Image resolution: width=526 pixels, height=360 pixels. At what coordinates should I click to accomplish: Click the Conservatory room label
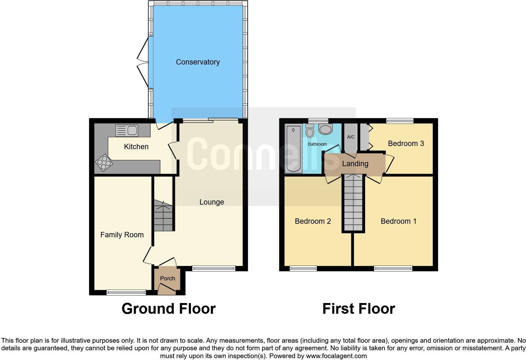pos(198,62)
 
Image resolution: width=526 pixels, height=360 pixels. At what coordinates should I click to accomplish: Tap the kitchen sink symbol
pos(127,131)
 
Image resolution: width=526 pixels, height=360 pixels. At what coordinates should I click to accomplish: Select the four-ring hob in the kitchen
pos(104,163)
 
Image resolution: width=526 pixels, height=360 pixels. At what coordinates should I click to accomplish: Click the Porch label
pos(167,278)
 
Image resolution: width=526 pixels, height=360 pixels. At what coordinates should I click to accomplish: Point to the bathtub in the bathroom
pos(294,149)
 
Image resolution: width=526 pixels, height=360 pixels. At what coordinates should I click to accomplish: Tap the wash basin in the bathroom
pos(325,129)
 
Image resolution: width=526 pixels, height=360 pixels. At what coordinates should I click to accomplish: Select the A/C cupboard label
pos(350,137)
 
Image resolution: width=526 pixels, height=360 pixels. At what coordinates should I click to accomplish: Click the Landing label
pos(355,164)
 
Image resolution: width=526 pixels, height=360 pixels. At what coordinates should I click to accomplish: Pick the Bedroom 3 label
pos(406,143)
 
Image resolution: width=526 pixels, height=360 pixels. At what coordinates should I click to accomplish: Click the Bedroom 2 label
pos(313,221)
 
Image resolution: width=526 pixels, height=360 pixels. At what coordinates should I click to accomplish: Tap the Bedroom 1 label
pos(398,221)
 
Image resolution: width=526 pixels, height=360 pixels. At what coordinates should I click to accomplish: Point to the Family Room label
pos(122,235)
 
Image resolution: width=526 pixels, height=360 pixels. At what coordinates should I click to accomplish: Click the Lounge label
pos(211,202)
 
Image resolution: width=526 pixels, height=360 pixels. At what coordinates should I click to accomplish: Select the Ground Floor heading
pos(169,309)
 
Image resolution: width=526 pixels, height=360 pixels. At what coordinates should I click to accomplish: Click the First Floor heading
pos(358,309)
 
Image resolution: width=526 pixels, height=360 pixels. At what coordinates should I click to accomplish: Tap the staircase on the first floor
pos(353,203)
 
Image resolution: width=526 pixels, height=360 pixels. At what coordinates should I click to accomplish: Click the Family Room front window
pos(126,292)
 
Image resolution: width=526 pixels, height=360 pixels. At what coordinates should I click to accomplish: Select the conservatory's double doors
pos(143,62)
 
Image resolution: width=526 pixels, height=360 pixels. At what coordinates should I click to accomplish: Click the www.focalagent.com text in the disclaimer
pos(336,356)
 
